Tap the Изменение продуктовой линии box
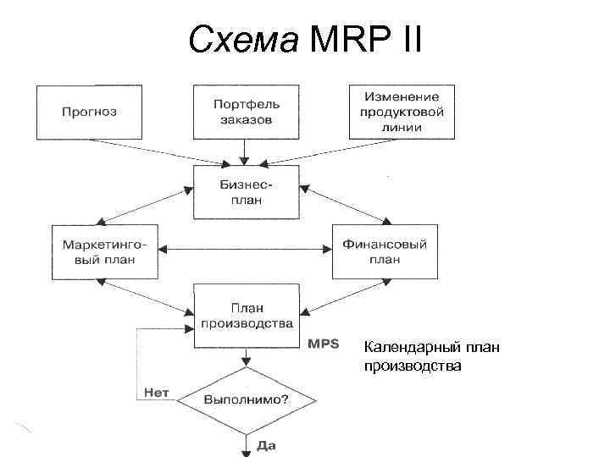click(402, 111)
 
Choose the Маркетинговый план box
click(104, 251)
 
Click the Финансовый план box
click(385, 251)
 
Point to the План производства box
click(246, 315)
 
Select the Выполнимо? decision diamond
click(246, 397)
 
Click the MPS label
click(323, 344)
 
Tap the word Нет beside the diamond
click(156, 392)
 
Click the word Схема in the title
click(244, 39)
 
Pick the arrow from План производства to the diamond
click(246, 357)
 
